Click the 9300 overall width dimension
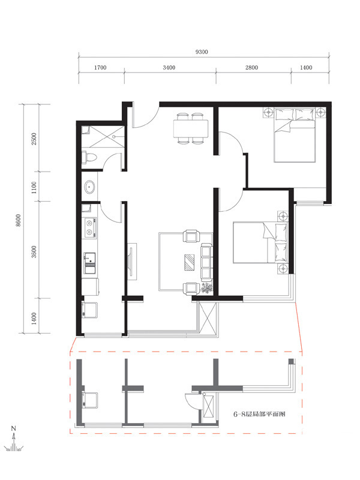coord(202,52)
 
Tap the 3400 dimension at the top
coord(169,68)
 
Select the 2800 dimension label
coord(251,68)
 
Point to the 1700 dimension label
coord(100,68)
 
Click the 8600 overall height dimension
coord(19,220)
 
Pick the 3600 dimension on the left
coord(34,251)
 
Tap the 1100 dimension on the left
coord(34,187)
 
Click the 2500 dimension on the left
coord(34,139)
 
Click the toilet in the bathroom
coord(89,158)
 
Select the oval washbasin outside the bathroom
coord(90,187)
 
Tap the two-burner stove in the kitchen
coord(90,228)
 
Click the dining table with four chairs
coord(190,128)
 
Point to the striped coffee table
coord(189,262)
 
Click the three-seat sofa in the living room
coord(206,262)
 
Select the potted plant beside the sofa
coord(206,289)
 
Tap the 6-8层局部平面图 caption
coord(259,414)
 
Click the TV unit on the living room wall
coord(132,260)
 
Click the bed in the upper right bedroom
coord(294,135)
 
